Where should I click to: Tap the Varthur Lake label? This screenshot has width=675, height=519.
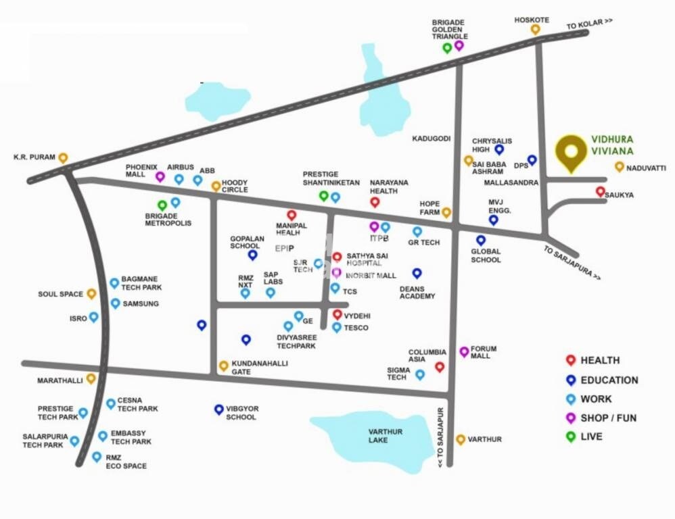tap(386, 436)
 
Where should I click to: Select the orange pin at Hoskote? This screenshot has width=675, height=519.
tap(535, 29)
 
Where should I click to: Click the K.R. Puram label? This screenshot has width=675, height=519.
tap(34, 157)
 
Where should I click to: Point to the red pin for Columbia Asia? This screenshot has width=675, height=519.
tap(440, 366)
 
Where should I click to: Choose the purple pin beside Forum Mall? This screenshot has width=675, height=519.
tap(464, 351)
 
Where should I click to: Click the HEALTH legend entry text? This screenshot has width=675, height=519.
tap(599, 361)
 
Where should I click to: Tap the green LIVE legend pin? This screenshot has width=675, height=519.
tap(571, 437)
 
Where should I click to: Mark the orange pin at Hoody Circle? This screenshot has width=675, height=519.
tap(216, 185)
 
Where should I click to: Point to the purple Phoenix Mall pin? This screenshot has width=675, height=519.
tap(160, 176)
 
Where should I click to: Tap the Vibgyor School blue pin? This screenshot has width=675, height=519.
tap(218, 409)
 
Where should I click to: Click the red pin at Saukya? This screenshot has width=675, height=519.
tap(600, 191)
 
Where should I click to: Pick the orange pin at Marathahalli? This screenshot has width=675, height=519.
tap(91, 378)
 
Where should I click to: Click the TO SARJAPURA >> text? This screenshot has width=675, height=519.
tap(571, 263)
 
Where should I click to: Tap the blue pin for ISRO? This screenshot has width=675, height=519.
tap(93, 316)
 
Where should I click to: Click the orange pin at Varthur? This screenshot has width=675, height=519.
tap(461, 439)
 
